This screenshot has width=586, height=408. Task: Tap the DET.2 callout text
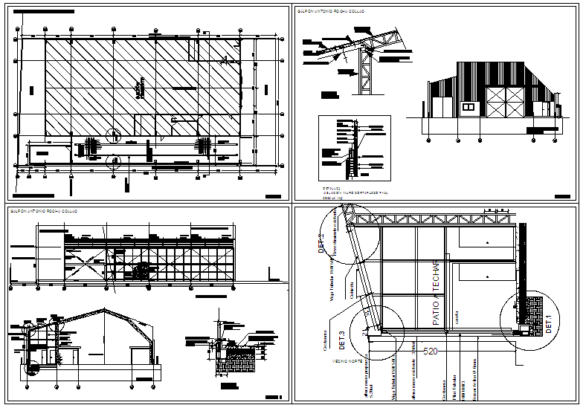coord(322,245)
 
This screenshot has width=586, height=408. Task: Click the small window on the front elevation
coord(469,108)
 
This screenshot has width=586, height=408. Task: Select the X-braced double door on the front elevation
coord(505,102)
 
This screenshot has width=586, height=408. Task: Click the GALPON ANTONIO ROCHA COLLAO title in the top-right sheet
coord(332,11)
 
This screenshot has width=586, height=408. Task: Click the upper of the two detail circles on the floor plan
coord(113,135)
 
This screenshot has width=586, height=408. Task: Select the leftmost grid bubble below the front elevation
coord(426,138)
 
